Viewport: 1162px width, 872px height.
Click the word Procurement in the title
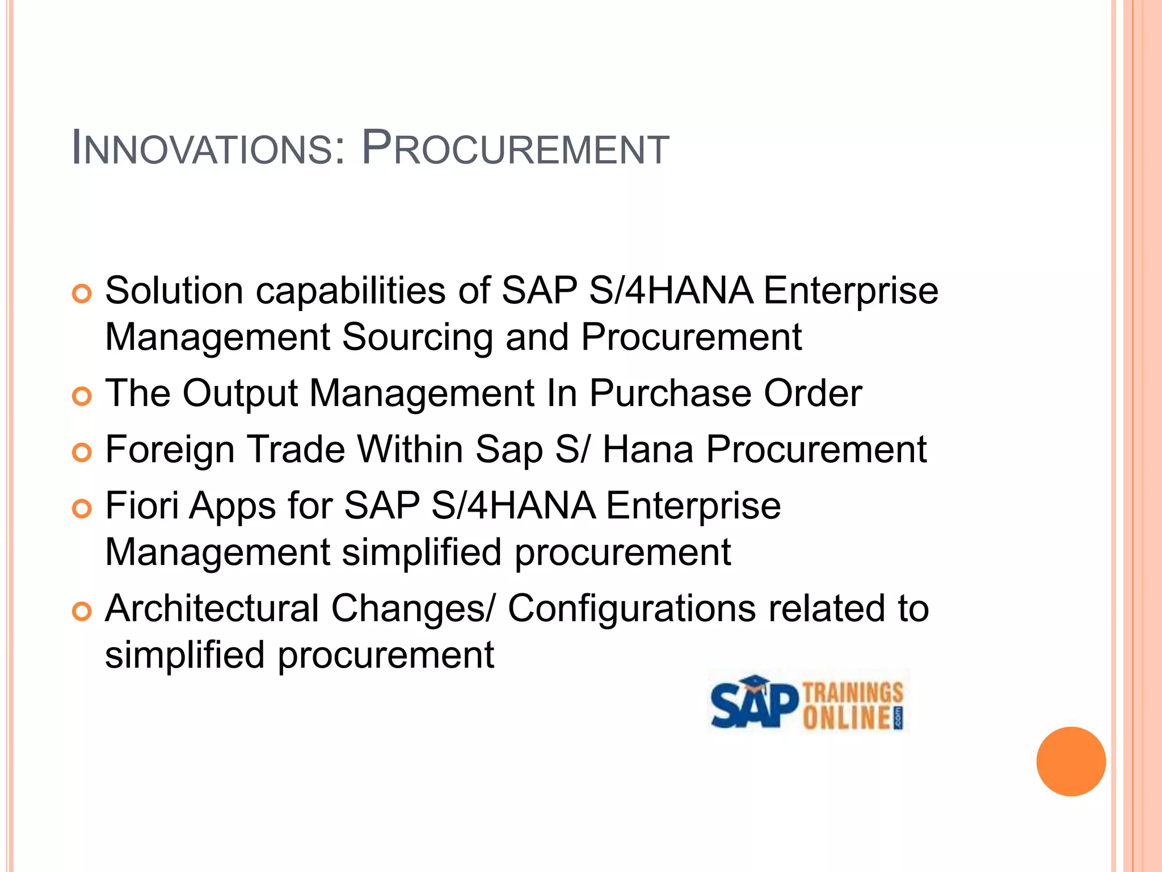click(515, 149)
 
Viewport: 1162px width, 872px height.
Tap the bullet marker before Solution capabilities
click(82, 294)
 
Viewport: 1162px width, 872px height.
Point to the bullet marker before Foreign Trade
click(82, 452)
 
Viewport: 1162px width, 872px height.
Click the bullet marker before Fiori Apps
click(82, 509)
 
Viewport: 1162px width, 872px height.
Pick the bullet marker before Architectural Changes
click(82, 611)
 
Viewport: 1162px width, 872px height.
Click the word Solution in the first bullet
click(174, 291)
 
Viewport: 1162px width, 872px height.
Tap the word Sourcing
click(417, 337)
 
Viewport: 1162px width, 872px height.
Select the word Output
click(240, 393)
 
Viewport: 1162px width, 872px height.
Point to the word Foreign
click(170, 450)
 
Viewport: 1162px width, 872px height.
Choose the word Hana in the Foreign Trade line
click(648, 450)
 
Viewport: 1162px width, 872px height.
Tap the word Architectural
click(212, 609)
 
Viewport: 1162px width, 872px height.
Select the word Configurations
click(631, 609)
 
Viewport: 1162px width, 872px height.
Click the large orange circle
click(1071, 761)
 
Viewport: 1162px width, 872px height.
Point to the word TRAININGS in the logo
click(853, 693)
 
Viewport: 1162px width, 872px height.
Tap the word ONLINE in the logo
click(846, 718)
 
